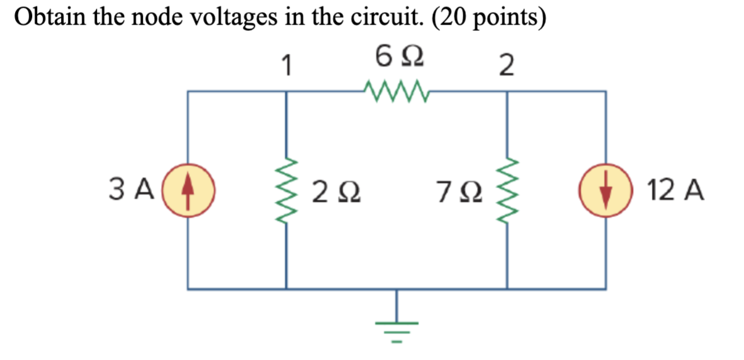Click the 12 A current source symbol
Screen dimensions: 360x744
pos(606,189)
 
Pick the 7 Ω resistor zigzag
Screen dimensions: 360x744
pos(507,189)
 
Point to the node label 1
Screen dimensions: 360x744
pos(287,65)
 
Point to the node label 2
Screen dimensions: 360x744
pos(506,65)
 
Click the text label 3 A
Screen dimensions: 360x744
pos(131,189)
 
